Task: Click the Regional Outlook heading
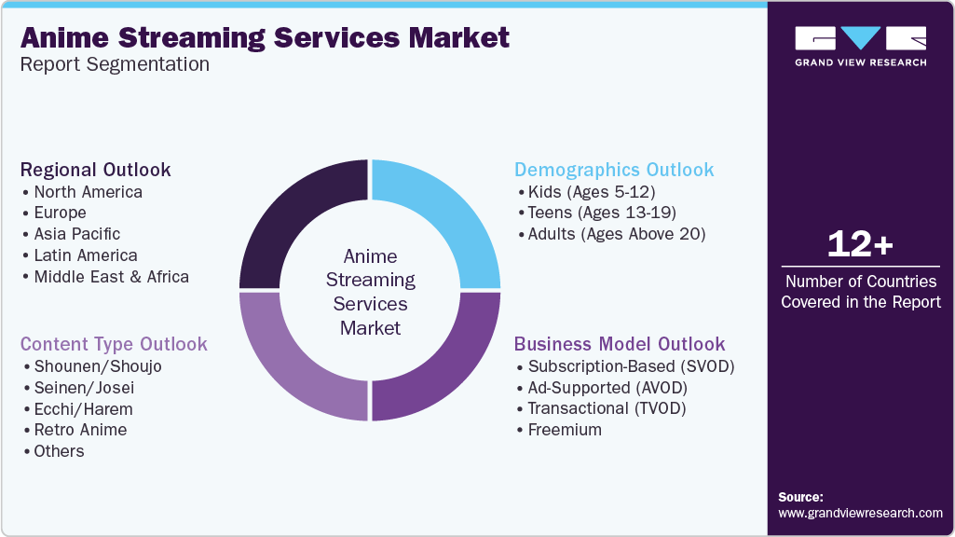tap(96, 170)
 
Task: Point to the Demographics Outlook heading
tap(614, 170)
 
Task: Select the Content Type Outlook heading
tap(114, 344)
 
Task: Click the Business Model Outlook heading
tap(620, 344)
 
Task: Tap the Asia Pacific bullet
tap(76, 234)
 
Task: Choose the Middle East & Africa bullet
tap(111, 277)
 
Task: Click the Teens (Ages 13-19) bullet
tap(602, 213)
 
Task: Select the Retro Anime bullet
tap(80, 430)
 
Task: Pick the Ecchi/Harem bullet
tap(83, 408)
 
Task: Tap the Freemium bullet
tap(565, 430)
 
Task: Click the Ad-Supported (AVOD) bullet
tap(614, 387)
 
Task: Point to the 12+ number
tap(860, 245)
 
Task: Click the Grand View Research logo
tap(860, 46)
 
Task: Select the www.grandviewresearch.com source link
tap(860, 513)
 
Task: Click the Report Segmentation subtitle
tap(115, 64)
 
